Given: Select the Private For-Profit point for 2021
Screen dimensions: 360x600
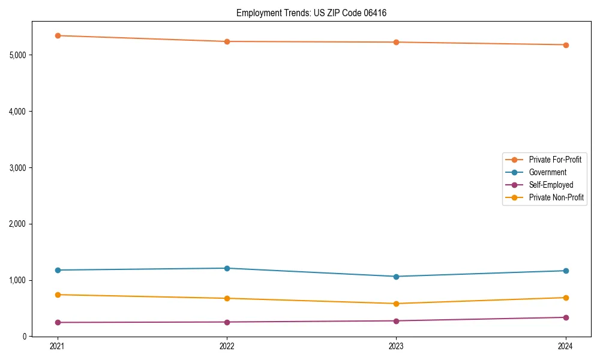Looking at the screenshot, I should click(x=58, y=35).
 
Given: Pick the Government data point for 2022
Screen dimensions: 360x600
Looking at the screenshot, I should click(x=227, y=268).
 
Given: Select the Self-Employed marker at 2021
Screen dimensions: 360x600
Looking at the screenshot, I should click(x=58, y=323).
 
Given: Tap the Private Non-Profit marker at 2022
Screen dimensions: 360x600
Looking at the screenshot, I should click(x=227, y=298).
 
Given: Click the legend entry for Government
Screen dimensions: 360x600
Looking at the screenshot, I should click(x=547, y=172).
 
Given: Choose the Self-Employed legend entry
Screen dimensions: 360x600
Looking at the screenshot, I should click(x=551, y=185).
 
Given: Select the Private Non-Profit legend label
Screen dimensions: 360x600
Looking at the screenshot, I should click(x=556, y=197).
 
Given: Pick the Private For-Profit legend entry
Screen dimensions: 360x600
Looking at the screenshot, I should click(x=554, y=160).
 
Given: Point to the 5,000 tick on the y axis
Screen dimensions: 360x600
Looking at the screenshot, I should click(x=18, y=55).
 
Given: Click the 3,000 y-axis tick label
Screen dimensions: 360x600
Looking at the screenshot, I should click(x=18, y=167).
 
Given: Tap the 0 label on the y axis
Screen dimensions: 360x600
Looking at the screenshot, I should click(x=25, y=337).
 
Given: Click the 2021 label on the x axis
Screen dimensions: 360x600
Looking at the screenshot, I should click(x=58, y=346).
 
